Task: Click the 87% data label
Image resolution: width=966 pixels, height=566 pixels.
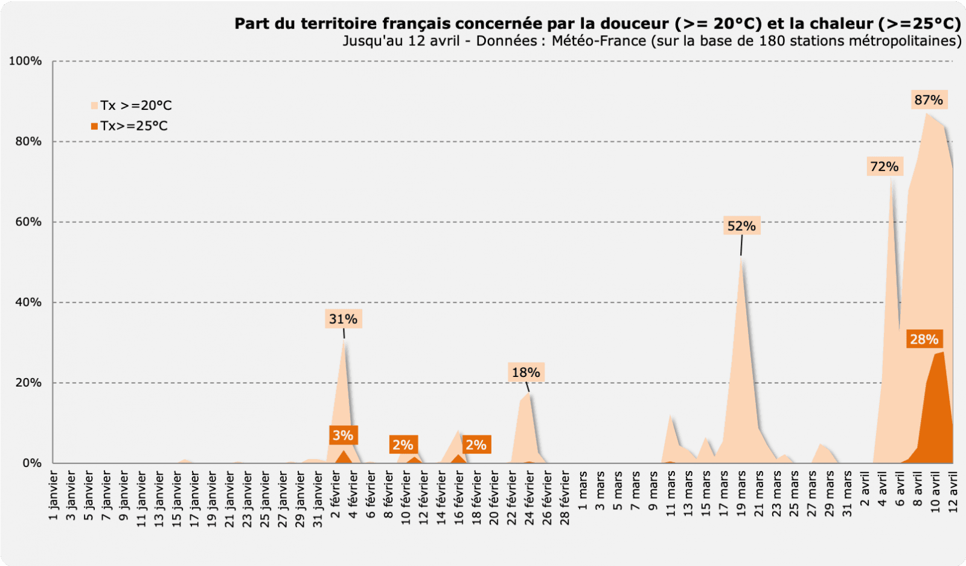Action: pos(929,100)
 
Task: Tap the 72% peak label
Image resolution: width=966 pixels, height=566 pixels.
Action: pos(884,167)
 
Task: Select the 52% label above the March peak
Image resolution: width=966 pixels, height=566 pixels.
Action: pos(741,227)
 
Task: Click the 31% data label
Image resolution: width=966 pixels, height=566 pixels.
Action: pos(343,319)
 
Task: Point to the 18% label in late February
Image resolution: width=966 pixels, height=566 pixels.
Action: pos(526,373)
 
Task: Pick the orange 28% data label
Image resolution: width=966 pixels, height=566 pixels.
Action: pos(924,339)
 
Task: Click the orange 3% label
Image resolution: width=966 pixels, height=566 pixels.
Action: pos(343,436)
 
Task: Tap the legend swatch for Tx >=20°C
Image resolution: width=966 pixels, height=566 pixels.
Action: pos(94,106)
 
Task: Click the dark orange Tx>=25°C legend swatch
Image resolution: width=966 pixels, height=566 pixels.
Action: pos(94,126)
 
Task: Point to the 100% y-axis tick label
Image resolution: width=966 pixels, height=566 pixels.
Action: pos(25,61)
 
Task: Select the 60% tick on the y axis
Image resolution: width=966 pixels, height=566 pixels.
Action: pos(28,222)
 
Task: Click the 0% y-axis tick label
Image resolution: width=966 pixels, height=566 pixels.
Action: pos(32,463)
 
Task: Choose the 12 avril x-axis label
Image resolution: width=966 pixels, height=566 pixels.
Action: pos(953,493)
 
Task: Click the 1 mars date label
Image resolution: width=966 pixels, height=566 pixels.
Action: pos(583,490)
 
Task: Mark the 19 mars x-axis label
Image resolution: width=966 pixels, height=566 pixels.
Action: pos(741,493)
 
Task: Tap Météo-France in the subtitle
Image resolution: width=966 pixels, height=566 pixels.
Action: pos(598,41)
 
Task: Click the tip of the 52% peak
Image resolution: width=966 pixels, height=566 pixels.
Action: pos(741,258)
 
